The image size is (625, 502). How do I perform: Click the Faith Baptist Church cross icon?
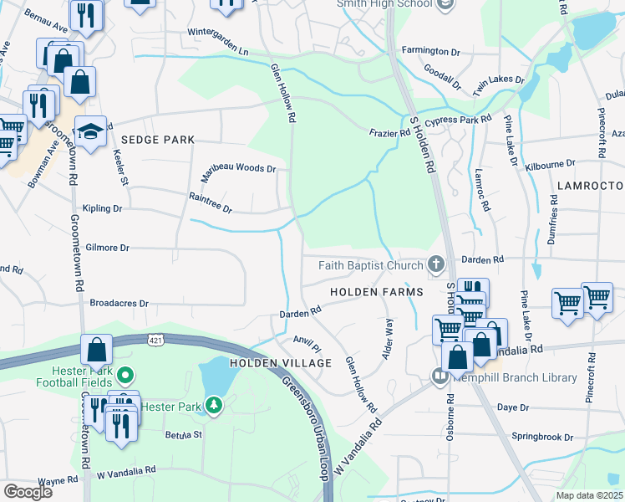pos(435,265)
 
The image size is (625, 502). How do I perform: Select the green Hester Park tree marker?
pos(215,406)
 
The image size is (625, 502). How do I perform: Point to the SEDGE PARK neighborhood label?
pos(157,140)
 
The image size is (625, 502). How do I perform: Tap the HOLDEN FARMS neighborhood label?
pos(376,291)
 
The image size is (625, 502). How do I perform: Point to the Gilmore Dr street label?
pos(108,248)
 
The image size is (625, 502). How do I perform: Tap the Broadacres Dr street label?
pos(118,303)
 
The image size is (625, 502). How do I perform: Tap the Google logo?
pos(28,491)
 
